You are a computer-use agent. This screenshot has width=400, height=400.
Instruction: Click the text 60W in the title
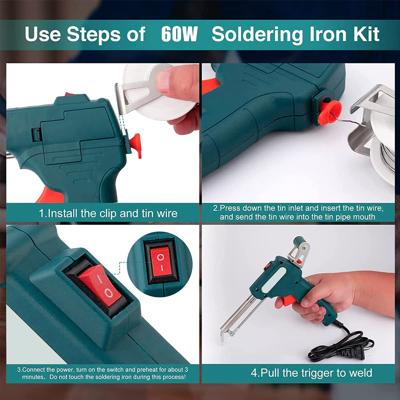pos(179,34)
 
